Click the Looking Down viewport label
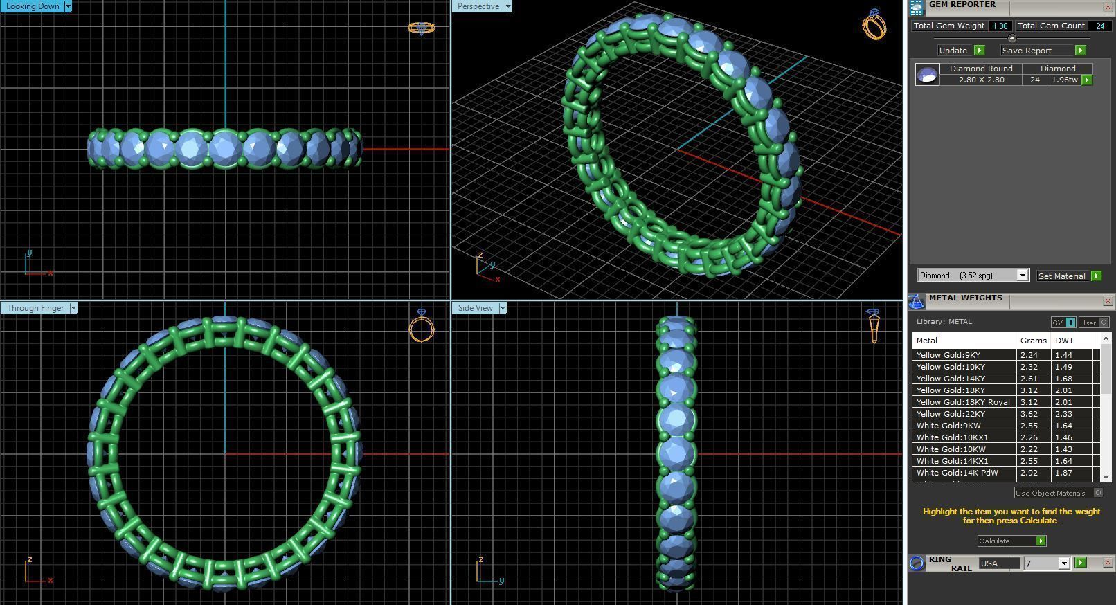pos(33,6)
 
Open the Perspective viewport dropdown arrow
pos(508,6)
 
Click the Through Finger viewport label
pos(35,308)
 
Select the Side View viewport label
pos(476,308)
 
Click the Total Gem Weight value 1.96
pos(999,26)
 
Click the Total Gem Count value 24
pos(1099,26)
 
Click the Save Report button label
pos(1027,51)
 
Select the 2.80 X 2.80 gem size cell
pos(981,80)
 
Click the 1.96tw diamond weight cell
pos(1064,80)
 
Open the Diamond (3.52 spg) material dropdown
pos(1022,276)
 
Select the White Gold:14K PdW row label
pos(957,473)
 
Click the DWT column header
pos(1064,341)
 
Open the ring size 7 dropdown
pos(1064,563)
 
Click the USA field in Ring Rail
pos(998,563)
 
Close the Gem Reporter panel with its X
pos(1107,7)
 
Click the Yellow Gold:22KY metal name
pos(951,414)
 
